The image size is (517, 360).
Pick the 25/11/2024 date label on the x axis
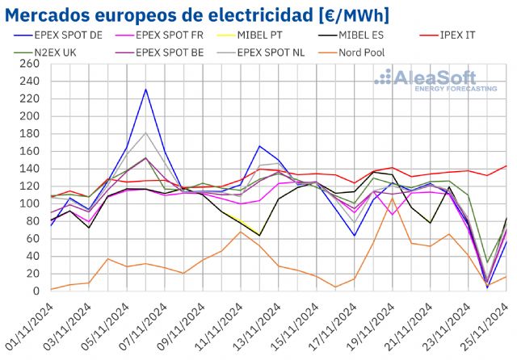[x=488, y=326]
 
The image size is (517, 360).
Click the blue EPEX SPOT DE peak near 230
[x=145, y=90]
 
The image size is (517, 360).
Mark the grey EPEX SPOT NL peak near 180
[x=145, y=133]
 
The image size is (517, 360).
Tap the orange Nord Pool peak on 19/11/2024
[x=393, y=199]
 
